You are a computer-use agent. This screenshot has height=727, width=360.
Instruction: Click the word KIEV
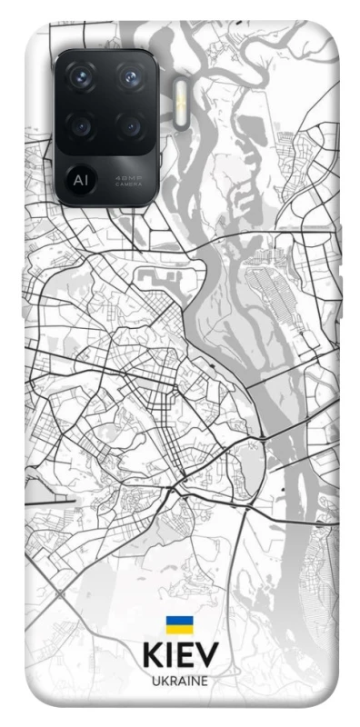pyautogui.click(x=179, y=656)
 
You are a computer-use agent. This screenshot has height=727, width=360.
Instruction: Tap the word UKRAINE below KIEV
pyautogui.click(x=179, y=680)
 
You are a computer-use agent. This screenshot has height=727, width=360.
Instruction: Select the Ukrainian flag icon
pyautogui.click(x=178, y=624)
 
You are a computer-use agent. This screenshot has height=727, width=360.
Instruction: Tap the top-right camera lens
pyautogui.click(x=133, y=77)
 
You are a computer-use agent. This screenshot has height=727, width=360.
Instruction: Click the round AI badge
pyautogui.click(x=81, y=175)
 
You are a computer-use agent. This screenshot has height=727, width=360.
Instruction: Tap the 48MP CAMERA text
pyautogui.click(x=127, y=178)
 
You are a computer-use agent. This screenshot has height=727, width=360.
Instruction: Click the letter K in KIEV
pyautogui.click(x=153, y=656)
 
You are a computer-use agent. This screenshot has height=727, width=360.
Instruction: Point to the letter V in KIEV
pyautogui.click(x=207, y=656)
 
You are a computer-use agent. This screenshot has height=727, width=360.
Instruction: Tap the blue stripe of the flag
pyautogui.click(x=178, y=621)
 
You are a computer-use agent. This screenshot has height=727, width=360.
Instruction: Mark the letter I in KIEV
pyautogui.click(x=170, y=656)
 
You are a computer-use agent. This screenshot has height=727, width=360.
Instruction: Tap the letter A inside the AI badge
pyautogui.click(x=78, y=175)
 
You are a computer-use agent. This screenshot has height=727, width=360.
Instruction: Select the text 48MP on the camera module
pyautogui.click(x=127, y=174)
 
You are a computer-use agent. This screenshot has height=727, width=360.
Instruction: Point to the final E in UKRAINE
pyautogui.click(x=205, y=680)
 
